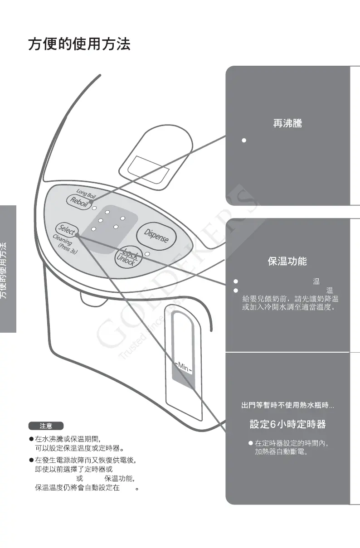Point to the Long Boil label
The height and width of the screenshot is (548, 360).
86,194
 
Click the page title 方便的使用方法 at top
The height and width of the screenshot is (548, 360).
79,44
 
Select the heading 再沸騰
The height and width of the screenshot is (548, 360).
287,123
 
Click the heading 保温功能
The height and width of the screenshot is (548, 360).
287,261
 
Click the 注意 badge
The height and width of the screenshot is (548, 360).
46,426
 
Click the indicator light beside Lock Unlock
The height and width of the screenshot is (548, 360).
147,255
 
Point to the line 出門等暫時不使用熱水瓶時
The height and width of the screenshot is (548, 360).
287,405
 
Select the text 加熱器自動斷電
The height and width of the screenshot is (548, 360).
281,452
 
